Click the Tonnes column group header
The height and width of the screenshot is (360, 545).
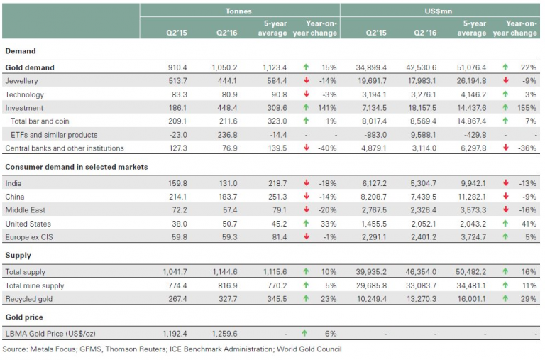click(238, 11)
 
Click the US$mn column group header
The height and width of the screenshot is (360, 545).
click(439, 11)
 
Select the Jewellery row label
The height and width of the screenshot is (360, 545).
click(21, 81)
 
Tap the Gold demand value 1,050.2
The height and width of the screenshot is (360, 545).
click(224, 67)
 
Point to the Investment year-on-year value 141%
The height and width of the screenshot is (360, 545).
click(327, 108)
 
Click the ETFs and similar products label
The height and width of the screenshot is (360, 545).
click(54, 135)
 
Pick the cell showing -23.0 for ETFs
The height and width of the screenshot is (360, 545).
click(177, 135)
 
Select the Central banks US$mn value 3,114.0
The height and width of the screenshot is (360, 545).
click(424, 148)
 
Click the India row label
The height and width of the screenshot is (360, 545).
click(13, 184)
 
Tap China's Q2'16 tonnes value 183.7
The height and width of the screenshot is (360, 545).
click(228, 197)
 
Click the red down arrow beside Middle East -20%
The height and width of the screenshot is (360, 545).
click(307, 209)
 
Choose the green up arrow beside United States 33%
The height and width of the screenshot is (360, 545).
click(306, 223)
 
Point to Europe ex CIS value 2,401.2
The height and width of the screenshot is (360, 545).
click(424, 237)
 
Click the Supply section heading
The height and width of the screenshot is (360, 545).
click(18, 256)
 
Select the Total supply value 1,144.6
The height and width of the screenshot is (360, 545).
click(225, 272)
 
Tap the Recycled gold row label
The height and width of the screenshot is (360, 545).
click(29, 299)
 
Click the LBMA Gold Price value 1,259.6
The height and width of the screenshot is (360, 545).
click(224, 334)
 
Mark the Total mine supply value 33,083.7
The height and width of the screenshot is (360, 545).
click(422, 286)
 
